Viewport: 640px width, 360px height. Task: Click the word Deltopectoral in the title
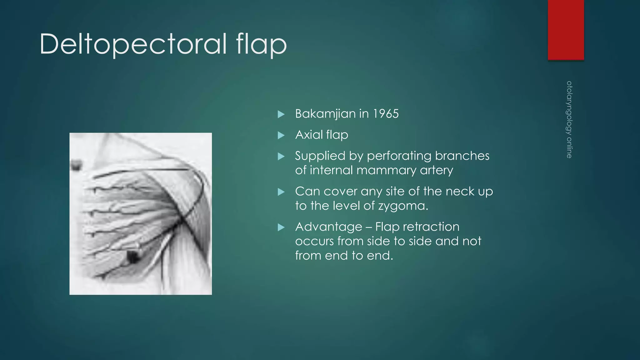pyautogui.click(x=133, y=44)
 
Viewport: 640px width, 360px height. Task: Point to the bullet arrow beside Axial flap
pyautogui.click(x=281, y=135)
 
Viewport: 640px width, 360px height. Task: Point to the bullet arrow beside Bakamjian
pyautogui.click(x=281, y=114)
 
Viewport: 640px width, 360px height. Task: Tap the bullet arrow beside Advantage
pyautogui.click(x=281, y=227)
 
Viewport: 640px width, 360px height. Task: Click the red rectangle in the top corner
pyautogui.click(x=566, y=30)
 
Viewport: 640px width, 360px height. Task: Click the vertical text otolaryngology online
pyautogui.click(x=569, y=119)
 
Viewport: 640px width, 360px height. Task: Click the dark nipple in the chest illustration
pyautogui.click(x=133, y=257)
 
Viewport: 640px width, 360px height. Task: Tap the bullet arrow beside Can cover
pyautogui.click(x=281, y=192)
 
